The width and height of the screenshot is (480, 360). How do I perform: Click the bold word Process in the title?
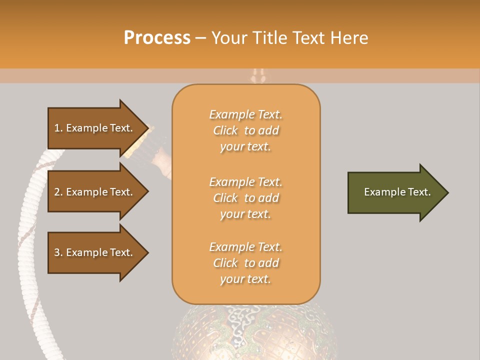(157, 38)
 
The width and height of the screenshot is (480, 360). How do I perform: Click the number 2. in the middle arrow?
(58, 192)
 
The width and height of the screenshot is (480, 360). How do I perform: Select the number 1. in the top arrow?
(58, 128)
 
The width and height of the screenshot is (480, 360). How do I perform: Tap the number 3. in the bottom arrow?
(58, 252)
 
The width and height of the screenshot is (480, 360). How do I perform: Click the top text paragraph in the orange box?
(245, 130)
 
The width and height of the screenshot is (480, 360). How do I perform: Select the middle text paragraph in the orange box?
(245, 198)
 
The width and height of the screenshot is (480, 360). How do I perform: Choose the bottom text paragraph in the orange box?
(245, 263)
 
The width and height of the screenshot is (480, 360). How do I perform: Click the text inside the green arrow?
(397, 192)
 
